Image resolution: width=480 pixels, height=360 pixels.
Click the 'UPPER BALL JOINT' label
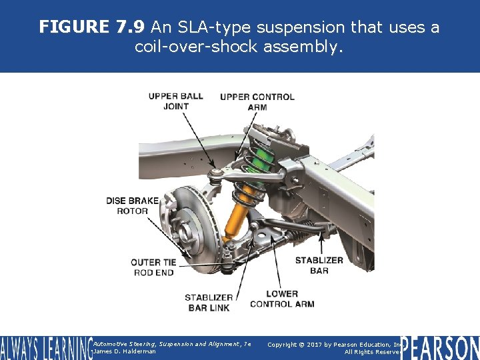(x=175, y=101)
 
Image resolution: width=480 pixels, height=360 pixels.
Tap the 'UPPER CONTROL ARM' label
(x=257, y=101)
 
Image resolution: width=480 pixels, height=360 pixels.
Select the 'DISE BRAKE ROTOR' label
(x=132, y=205)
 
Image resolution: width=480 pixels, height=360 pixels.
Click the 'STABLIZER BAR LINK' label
(x=209, y=302)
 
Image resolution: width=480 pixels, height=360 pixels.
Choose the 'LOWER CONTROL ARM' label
(x=282, y=299)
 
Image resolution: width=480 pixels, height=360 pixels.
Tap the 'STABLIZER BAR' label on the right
(x=319, y=265)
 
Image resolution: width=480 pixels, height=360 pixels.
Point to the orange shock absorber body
(x=237, y=211)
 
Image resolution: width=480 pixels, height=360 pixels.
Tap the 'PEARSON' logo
(x=439, y=347)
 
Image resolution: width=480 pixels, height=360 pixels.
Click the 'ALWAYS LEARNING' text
(x=45, y=348)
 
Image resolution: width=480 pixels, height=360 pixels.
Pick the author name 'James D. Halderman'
(x=125, y=351)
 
